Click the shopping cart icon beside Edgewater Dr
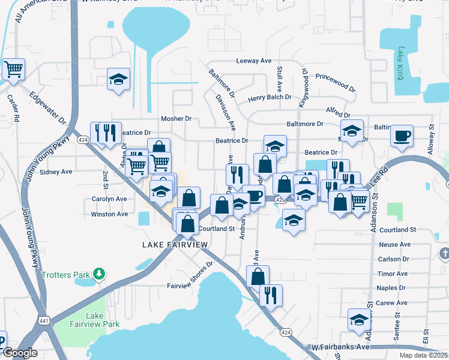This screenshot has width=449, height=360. [x=13, y=69]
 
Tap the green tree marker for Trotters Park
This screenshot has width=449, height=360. [x=99, y=275]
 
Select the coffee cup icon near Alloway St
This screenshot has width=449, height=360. [x=402, y=135]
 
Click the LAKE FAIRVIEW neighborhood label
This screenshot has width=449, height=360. [x=175, y=245]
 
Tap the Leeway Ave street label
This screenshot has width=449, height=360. [x=254, y=61]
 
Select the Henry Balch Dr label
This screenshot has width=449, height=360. [x=270, y=97]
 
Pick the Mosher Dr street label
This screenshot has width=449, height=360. [x=176, y=119]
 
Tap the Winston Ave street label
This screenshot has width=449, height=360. [x=109, y=214]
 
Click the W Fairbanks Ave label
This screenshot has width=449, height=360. [x=340, y=347]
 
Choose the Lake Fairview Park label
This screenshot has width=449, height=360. [x=103, y=320]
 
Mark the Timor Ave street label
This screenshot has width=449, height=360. [x=393, y=274]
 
